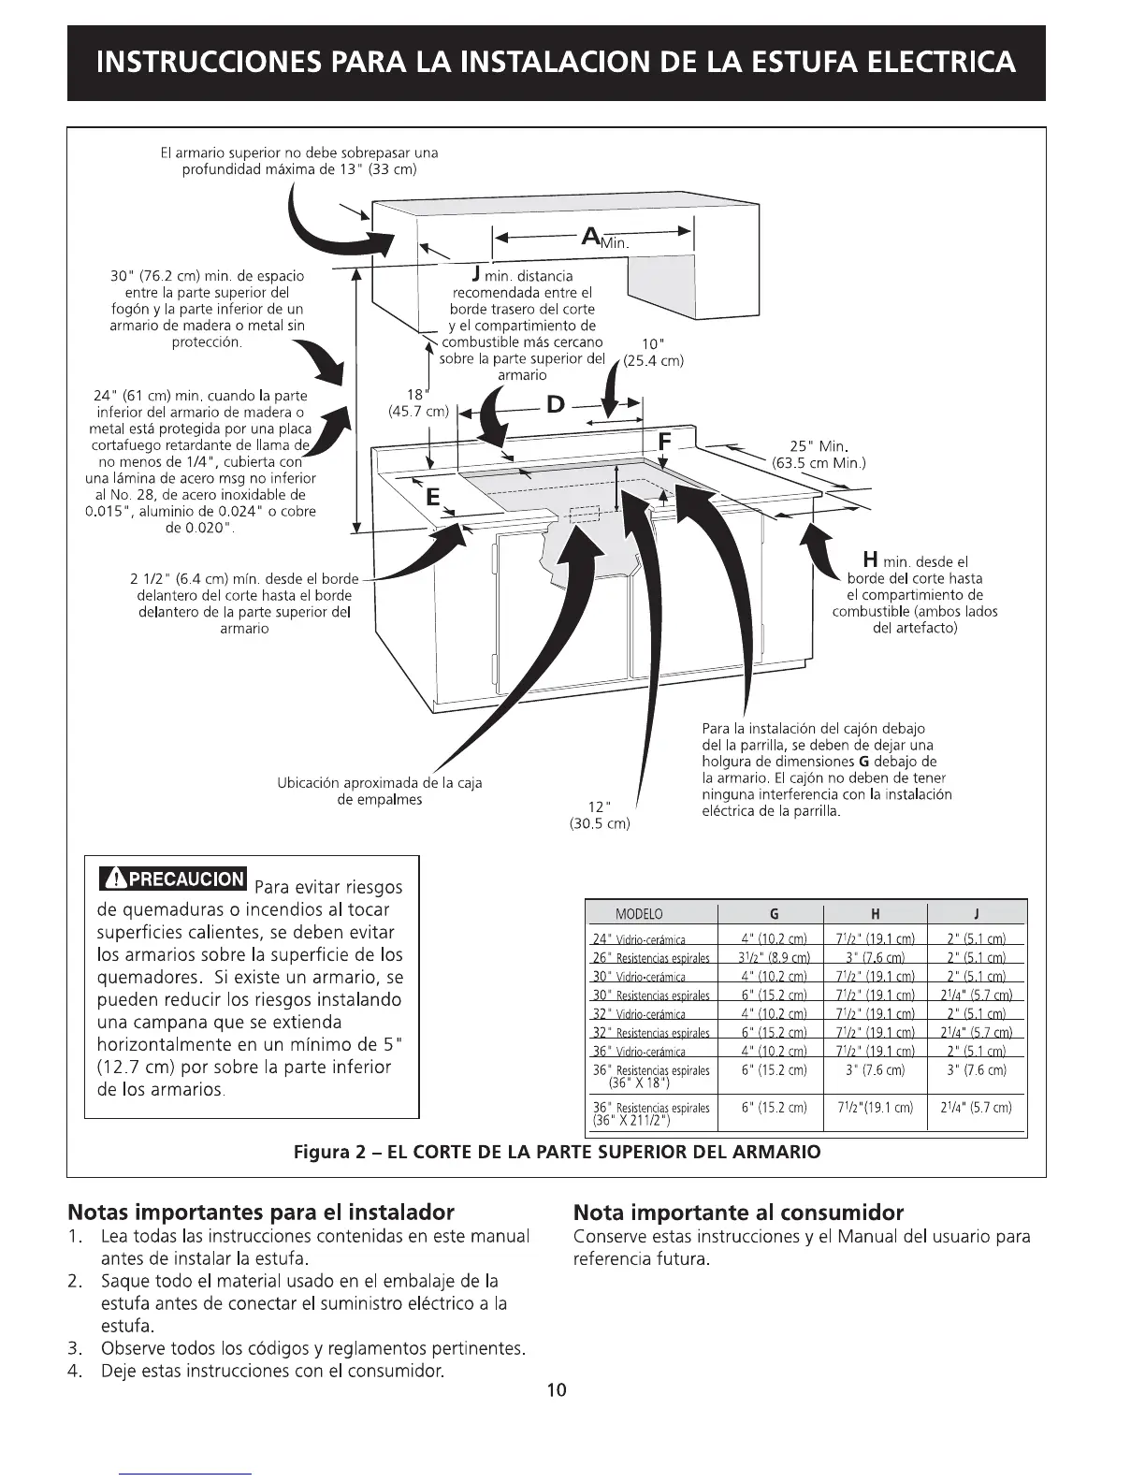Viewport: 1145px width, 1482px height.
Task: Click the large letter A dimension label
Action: coord(591,237)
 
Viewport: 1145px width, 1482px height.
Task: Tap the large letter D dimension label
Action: coord(556,404)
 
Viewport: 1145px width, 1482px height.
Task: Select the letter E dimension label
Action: coord(432,498)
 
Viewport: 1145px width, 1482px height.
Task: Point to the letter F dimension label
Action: coord(665,440)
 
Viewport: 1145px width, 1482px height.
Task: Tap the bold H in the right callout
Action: coord(869,559)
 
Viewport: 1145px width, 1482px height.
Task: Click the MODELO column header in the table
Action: coord(639,914)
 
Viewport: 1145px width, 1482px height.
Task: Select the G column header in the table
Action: coord(774,914)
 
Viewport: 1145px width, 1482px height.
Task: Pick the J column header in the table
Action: coord(976,914)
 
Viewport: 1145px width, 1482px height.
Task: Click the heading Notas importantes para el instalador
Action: coord(261,1213)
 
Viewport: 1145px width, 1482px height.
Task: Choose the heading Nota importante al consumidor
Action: coord(738,1213)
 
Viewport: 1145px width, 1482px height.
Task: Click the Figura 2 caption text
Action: coord(557,1152)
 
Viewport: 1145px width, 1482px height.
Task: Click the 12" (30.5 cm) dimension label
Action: coord(600,815)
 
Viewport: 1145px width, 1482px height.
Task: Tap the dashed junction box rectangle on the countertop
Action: coord(583,513)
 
